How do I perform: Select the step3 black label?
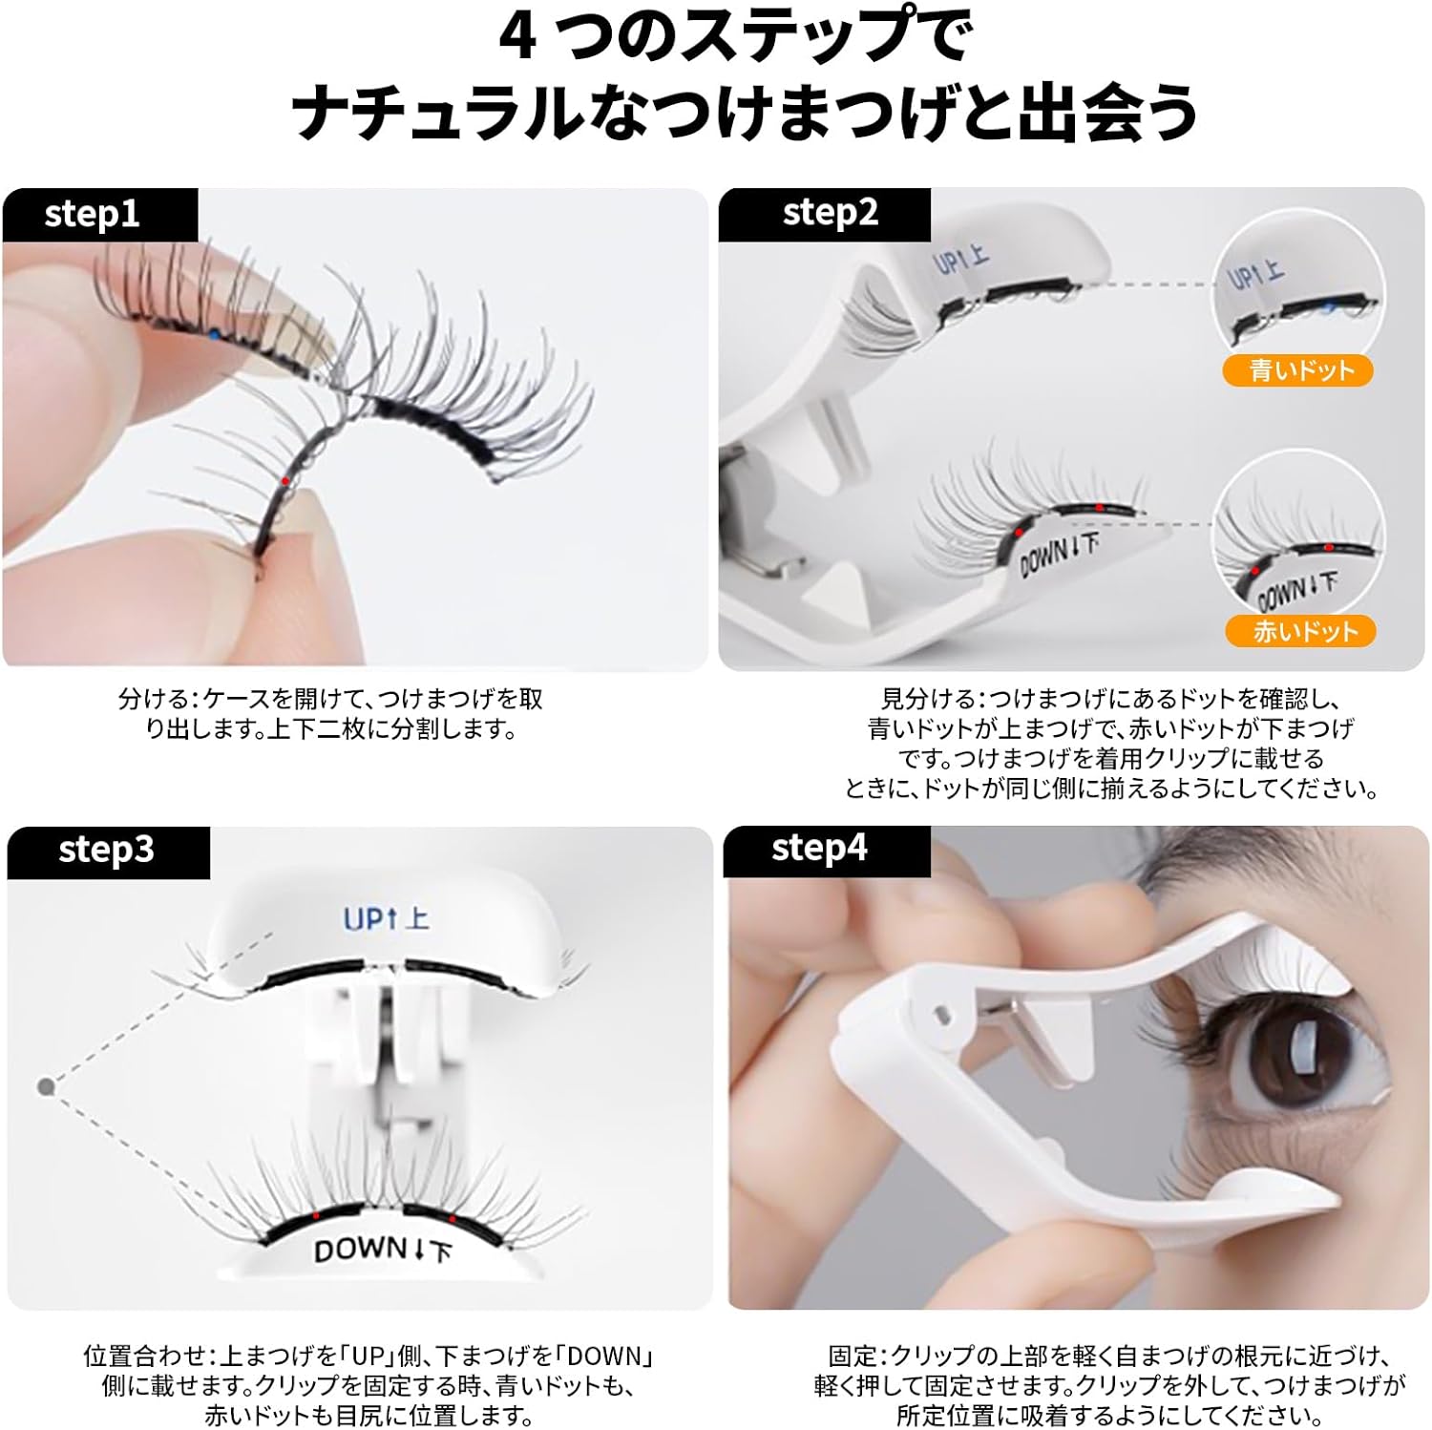107,851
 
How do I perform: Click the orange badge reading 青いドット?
1297,370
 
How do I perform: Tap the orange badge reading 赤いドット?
1300,631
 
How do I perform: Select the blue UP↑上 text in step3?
386,919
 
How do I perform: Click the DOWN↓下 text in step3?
382,1250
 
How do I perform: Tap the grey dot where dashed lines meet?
45,1086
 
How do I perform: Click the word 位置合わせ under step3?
144,1356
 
